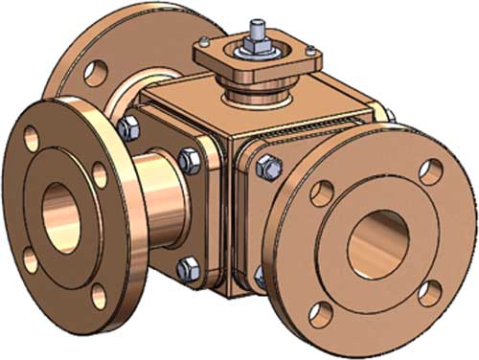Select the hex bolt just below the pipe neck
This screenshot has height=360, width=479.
pos(190,265)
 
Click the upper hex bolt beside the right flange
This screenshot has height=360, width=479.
pos(270,169)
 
